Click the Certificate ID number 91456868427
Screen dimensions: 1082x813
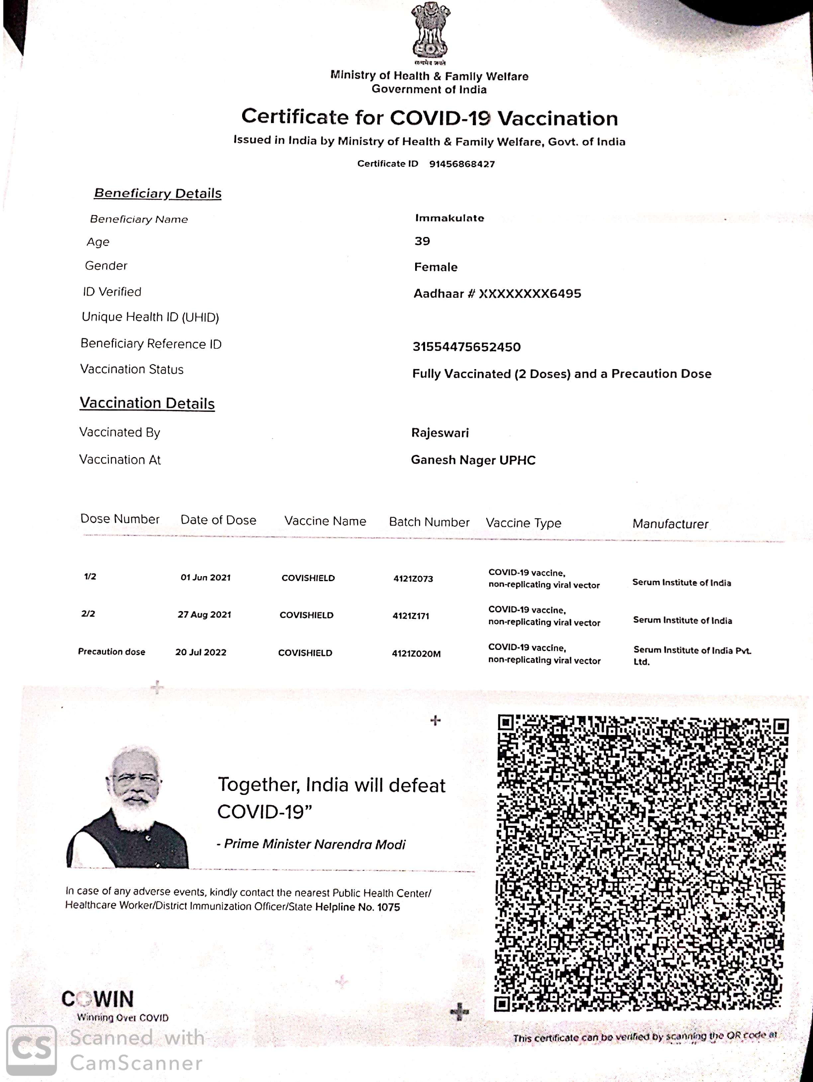point(462,164)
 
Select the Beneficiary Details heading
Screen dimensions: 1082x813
point(158,193)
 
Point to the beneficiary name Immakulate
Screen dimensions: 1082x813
point(449,218)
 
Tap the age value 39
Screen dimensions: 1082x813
point(422,241)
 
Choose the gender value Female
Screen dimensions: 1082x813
point(436,267)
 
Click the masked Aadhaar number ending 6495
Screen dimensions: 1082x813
point(529,293)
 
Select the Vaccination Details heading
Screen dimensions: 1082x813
point(147,403)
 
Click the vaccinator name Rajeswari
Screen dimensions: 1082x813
point(439,433)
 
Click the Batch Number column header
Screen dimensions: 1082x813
point(429,522)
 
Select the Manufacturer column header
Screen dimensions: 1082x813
point(670,524)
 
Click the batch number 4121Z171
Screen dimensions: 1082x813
point(411,616)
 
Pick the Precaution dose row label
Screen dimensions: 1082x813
point(112,652)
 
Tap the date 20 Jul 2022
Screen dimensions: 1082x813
point(201,653)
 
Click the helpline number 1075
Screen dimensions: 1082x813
point(388,907)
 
